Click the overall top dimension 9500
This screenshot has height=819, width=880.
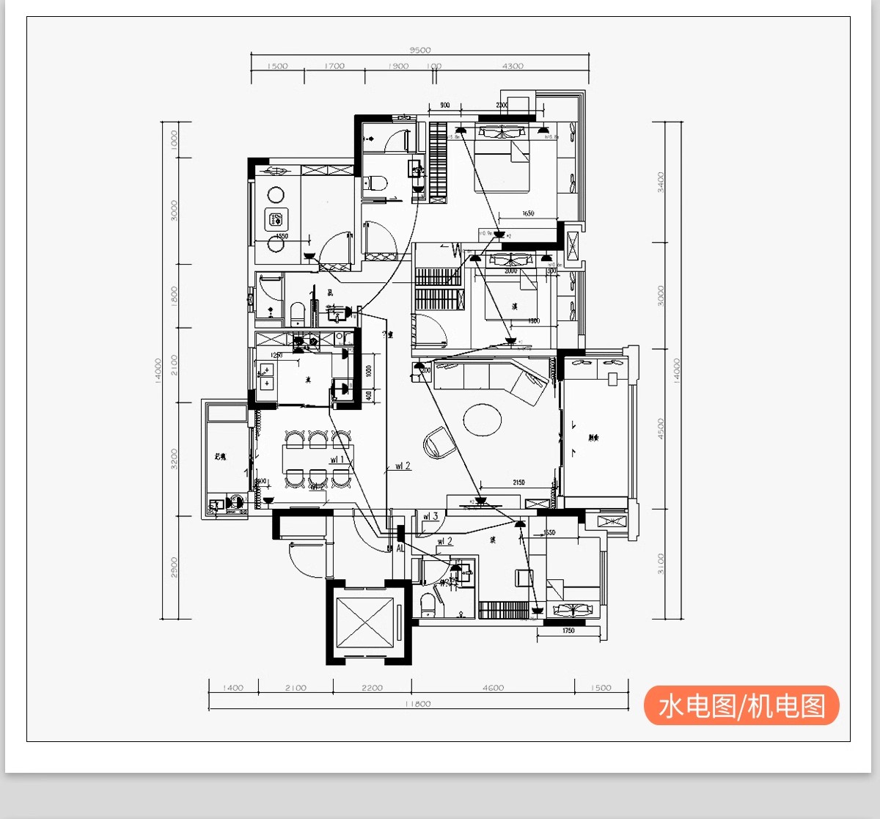pos(420,50)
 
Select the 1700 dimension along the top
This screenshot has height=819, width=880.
pos(334,66)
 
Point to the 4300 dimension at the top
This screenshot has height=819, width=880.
pos(513,66)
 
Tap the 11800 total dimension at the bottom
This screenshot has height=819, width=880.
pos(418,704)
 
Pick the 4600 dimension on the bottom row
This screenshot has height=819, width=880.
pos(493,688)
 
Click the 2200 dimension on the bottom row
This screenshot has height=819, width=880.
pos(372,688)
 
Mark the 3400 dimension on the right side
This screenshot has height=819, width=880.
pos(661,182)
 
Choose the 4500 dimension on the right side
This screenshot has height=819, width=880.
pos(661,429)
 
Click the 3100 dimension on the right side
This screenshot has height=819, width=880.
pos(661,564)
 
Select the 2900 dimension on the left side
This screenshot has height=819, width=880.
pos(174,567)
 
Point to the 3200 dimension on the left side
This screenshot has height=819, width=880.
pos(174,459)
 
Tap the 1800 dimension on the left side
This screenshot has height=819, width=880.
pos(174,295)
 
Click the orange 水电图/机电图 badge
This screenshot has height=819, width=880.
pos(741,705)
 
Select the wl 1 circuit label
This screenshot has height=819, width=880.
pos(337,460)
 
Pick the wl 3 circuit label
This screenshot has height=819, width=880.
pos(430,516)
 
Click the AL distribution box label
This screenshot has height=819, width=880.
pos(400,548)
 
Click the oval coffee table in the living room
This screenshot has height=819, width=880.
pos(482,419)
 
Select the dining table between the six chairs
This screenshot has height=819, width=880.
pos(318,459)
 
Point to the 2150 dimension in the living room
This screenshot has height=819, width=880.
pos(518,482)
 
